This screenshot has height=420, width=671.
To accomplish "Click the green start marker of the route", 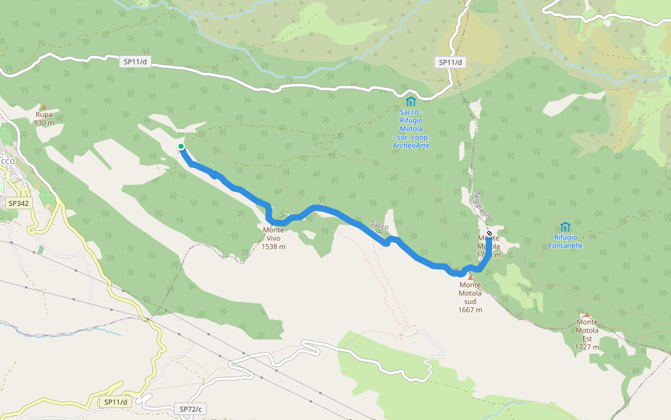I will (x=181, y=146).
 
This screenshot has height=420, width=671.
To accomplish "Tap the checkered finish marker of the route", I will (x=489, y=233).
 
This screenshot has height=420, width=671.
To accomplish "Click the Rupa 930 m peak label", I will (x=44, y=118).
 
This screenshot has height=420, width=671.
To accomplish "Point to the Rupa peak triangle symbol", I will (x=43, y=107).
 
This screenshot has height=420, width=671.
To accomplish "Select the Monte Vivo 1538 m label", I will (x=273, y=238).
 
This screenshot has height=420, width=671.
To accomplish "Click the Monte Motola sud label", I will (x=470, y=292).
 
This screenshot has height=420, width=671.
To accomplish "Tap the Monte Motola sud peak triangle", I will (x=470, y=276).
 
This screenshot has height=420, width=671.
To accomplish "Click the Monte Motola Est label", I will (x=587, y=334).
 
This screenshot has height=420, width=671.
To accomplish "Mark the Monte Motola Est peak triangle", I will (x=586, y=315).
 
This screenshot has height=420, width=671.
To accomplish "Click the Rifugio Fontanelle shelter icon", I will (x=565, y=227).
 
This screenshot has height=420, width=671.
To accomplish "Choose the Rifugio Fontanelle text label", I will (x=565, y=241).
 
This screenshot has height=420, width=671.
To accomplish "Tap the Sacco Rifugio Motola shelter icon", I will (x=410, y=102).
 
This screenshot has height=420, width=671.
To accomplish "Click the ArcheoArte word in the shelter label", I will (x=411, y=146).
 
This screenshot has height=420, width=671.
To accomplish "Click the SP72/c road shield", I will (x=190, y=409).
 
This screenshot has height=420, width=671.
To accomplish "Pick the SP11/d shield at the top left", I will (x=135, y=62).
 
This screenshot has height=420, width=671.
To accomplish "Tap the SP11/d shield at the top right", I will (x=451, y=62).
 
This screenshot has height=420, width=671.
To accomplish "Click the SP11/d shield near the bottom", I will (x=115, y=402).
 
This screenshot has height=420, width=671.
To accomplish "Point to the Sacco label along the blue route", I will (x=379, y=225).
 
